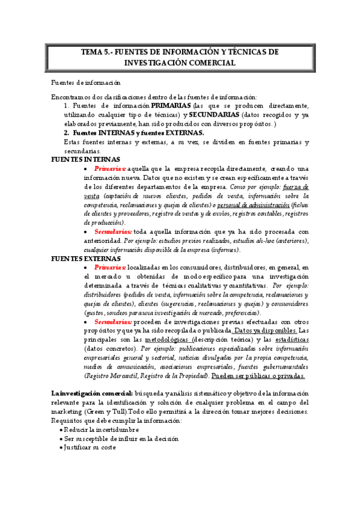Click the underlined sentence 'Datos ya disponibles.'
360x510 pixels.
click(x=264, y=331)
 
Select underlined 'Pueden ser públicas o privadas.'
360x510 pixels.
click(x=258, y=376)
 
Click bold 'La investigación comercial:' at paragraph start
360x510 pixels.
click(x=96, y=393)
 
